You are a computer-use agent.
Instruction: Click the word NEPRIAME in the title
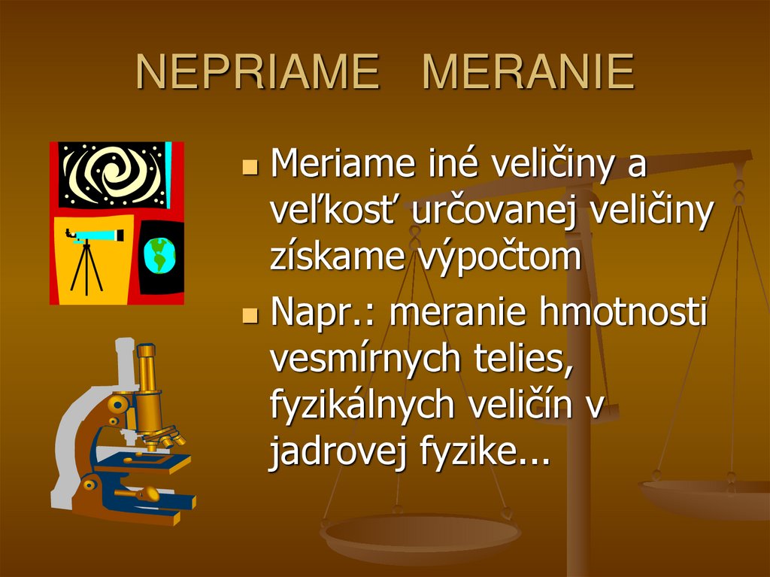[x=258, y=72]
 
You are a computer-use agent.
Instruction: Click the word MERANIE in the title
[x=528, y=72]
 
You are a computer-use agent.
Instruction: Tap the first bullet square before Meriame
[x=251, y=166]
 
